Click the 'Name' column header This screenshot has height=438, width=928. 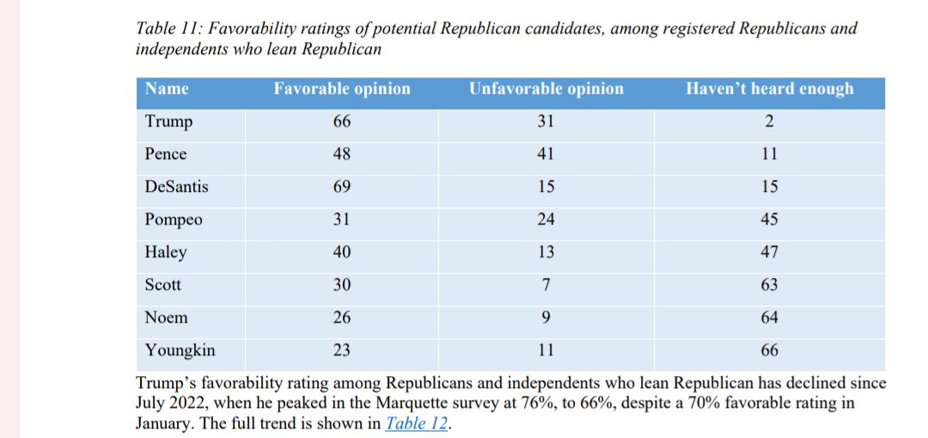[x=167, y=89]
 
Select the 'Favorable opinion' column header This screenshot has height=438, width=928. [x=342, y=89]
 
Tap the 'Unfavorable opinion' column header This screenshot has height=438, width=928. [x=546, y=89]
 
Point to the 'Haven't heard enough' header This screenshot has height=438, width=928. [x=769, y=89]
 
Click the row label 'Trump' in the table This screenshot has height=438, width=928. [x=168, y=122]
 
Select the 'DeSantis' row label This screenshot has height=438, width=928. [x=176, y=187]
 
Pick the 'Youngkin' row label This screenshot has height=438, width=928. [x=180, y=350]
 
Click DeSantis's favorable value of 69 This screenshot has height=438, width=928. [x=342, y=187]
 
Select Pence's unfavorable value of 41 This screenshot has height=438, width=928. [x=546, y=154]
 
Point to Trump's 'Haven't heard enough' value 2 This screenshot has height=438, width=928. [x=769, y=122]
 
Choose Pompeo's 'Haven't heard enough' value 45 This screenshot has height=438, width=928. [x=769, y=219]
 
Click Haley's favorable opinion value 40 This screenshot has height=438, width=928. [x=342, y=252]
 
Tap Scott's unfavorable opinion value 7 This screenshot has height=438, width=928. [x=546, y=285]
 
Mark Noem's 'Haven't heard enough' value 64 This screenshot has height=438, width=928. [x=769, y=318]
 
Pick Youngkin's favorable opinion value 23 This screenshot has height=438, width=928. [x=342, y=350]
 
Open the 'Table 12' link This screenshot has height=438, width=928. [x=417, y=423]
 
